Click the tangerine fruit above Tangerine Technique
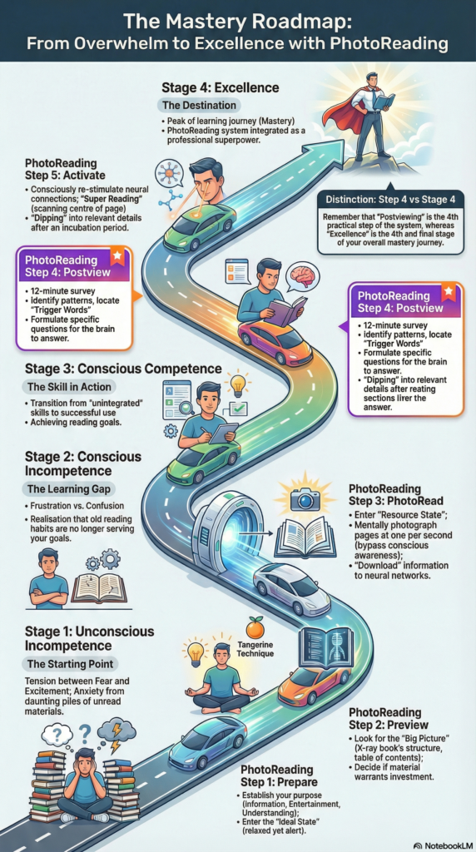pyautogui.click(x=255, y=629)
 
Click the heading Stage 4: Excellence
pyautogui.click(x=220, y=87)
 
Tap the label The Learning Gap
pyautogui.click(x=68, y=489)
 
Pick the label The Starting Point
pyautogui.click(x=71, y=664)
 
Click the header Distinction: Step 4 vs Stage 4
pyautogui.click(x=390, y=200)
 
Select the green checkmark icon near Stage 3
pyautogui.click(x=238, y=408)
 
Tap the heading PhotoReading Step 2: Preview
pyautogui.click(x=389, y=718)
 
